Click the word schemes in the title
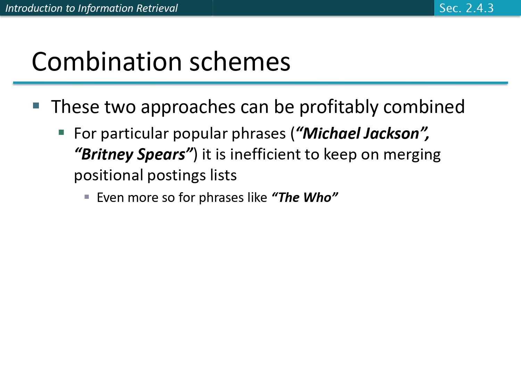click(240, 62)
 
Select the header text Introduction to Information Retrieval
click(91, 8)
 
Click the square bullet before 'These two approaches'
click(36, 105)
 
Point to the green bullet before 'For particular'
click(61, 132)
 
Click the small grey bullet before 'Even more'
click(86, 197)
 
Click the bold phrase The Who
click(305, 197)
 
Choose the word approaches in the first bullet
click(188, 107)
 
